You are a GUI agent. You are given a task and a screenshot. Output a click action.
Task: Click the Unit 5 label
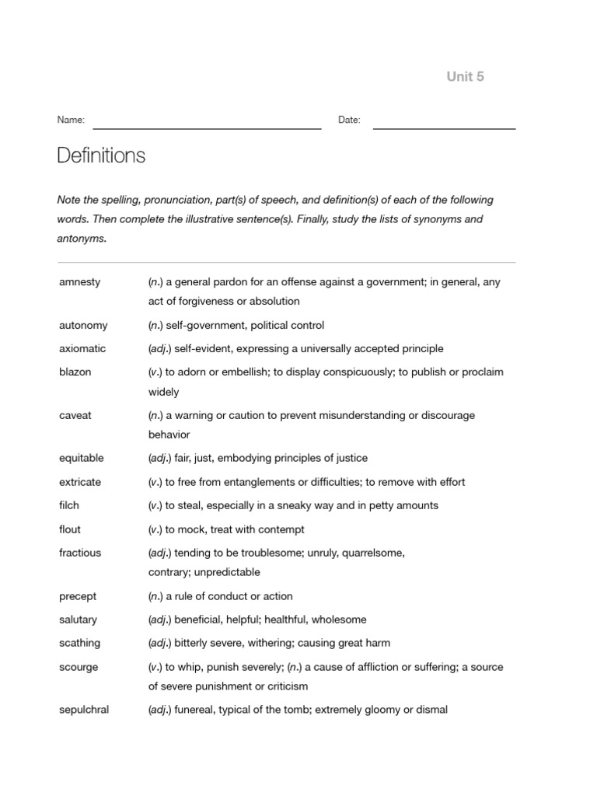(x=465, y=76)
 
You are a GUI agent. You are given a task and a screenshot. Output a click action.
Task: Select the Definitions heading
(x=101, y=155)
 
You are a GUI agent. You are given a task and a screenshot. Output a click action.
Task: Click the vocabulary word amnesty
(x=79, y=282)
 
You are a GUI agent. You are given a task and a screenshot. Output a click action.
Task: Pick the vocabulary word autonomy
(x=83, y=325)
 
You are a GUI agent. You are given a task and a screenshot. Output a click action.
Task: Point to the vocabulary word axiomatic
(x=82, y=348)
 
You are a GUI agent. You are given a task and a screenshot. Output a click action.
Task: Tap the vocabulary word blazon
(x=75, y=372)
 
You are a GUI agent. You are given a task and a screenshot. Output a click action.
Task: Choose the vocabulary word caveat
(x=75, y=415)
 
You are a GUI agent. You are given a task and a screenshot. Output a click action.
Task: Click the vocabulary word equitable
(x=81, y=458)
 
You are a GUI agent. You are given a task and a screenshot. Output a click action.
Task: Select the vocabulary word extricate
(x=80, y=482)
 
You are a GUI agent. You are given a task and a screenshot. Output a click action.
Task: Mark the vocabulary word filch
(x=69, y=505)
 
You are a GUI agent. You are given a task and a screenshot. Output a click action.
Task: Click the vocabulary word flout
(x=69, y=529)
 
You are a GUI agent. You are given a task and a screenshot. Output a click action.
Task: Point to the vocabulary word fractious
(x=80, y=553)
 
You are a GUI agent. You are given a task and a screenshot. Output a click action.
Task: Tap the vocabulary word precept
(x=78, y=596)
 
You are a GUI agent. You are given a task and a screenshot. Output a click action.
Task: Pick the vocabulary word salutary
(x=78, y=620)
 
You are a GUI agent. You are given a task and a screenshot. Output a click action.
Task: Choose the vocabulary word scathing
(x=79, y=643)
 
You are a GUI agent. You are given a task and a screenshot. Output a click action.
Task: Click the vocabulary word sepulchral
(x=84, y=709)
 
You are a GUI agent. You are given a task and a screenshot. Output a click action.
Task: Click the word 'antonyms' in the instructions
(x=81, y=239)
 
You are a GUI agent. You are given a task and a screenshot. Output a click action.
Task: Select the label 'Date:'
(x=349, y=120)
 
